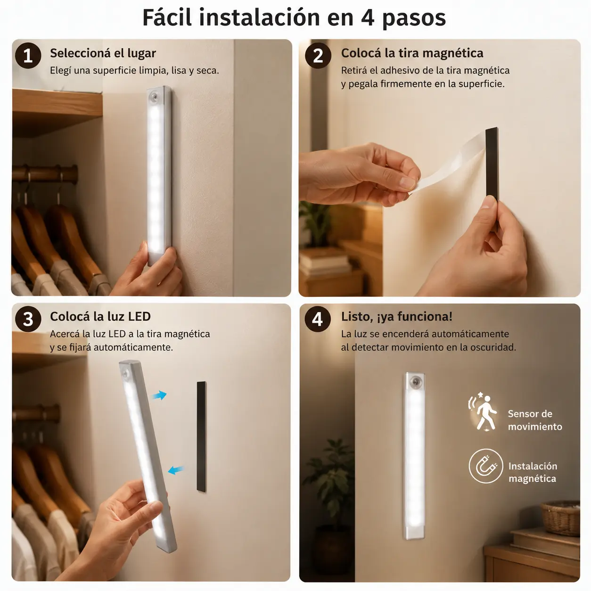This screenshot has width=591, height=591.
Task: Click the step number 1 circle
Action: tap(28, 56)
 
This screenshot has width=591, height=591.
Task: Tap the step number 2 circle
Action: tap(318, 56)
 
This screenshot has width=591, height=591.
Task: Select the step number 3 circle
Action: tap(28, 319)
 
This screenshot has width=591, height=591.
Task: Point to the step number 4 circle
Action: tap(318, 319)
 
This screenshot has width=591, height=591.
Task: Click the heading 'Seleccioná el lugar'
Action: tap(103, 53)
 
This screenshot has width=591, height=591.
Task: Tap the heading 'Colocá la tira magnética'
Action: tap(412, 53)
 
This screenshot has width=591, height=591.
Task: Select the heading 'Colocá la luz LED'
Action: tap(100, 316)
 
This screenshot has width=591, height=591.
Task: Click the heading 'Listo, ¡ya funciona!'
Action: tap(397, 317)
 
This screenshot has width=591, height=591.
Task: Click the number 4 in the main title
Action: tap(368, 18)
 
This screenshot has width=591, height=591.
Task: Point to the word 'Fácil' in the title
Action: tap(167, 17)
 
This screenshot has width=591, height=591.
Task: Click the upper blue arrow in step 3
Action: tap(160, 395)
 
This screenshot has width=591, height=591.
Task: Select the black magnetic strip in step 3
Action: tap(201, 436)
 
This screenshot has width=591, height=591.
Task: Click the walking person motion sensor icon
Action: tap(483, 411)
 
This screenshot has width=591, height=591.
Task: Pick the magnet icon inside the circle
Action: tap(486, 466)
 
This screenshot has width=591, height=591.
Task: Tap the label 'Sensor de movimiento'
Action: tap(535, 420)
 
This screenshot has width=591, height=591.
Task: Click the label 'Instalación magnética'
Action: tap(533, 472)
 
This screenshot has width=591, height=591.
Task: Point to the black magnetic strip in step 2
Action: tap(492, 179)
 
